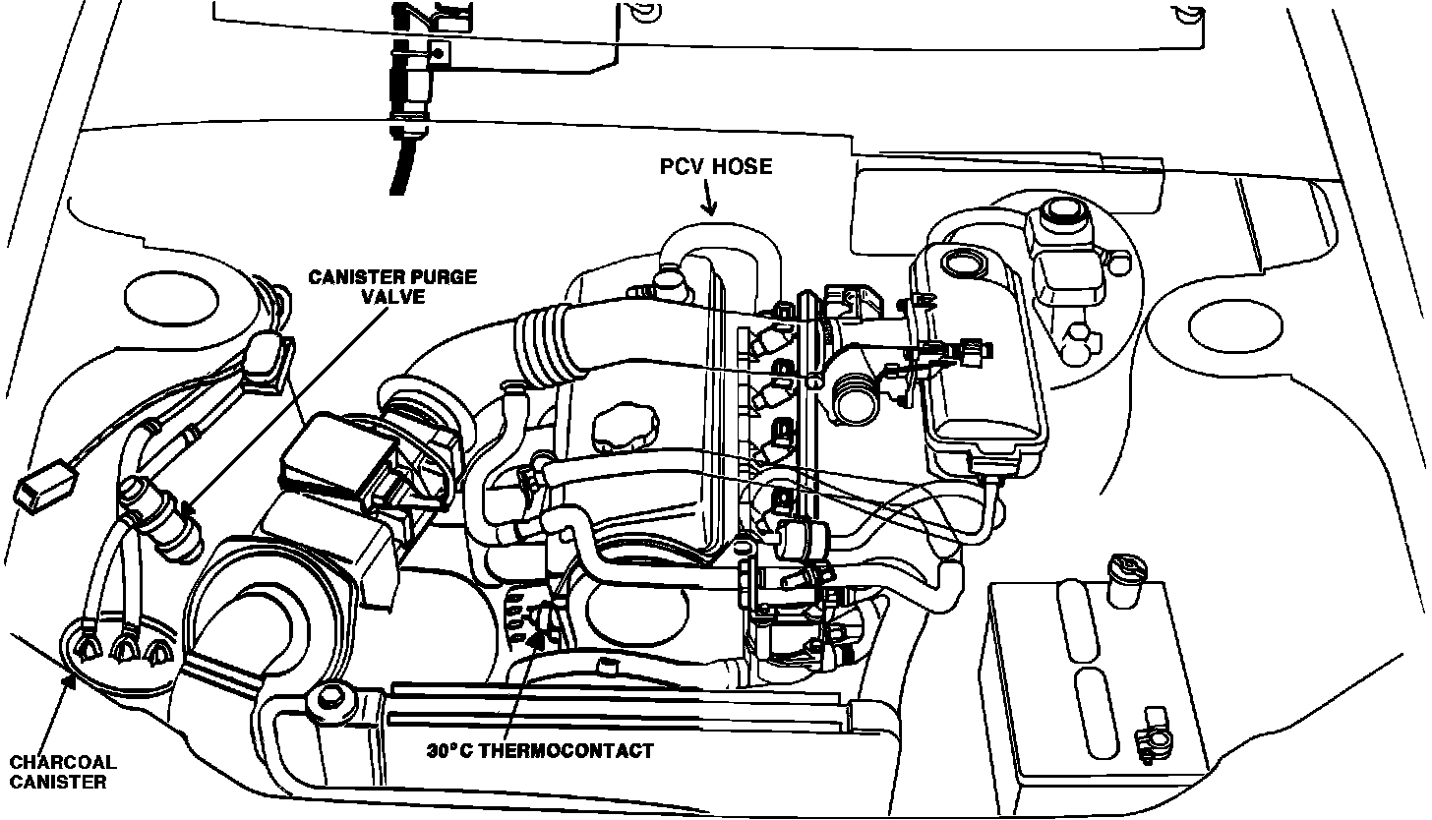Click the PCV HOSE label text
tap(716, 167)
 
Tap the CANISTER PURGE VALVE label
tap(392, 286)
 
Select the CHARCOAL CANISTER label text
tap(63, 772)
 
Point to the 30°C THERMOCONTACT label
tap(540, 751)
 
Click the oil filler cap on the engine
tap(620, 430)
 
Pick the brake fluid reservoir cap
tap(1057, 211)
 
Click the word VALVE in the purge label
tap(393, 296)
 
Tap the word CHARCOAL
tap(63, 762)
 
